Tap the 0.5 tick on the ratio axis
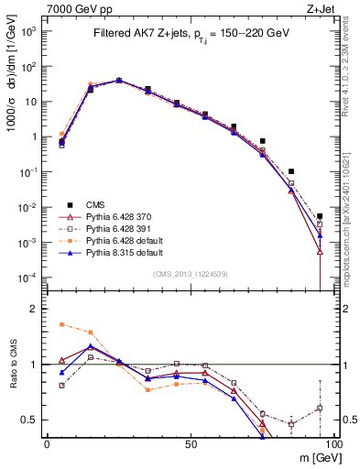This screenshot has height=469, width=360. click(29, 420)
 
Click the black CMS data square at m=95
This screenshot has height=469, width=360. click(320, 216)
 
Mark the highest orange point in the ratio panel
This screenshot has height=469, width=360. click(61, 324)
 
